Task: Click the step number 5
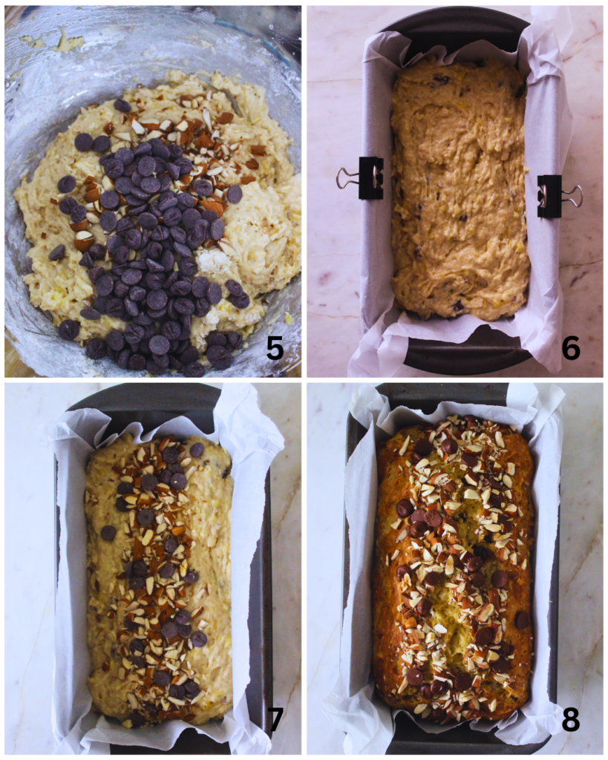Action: pos(275,347)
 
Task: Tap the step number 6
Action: pos(570,347)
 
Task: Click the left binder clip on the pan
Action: pos(370,178)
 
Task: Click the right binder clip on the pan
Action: pos(549,196)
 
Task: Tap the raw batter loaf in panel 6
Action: pos(460,193)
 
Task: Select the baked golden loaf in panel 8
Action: pos(454,568)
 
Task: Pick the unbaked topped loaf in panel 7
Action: pos(159,579)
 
